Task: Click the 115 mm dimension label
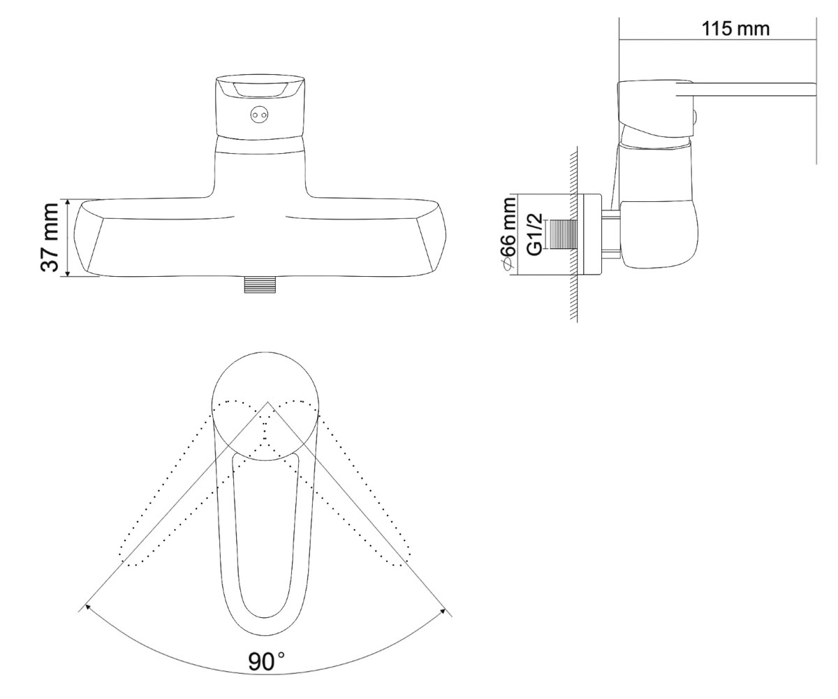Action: [x=735, y=29]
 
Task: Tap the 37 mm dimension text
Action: [x=50, y=238]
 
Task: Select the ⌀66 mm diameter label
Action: [x=508, y=236]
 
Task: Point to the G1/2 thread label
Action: [x=534, y=235]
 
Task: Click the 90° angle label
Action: [x=267, y=662]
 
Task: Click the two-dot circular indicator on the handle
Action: [x=258, y=115]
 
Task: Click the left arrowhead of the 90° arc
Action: [x=87, y=607]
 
